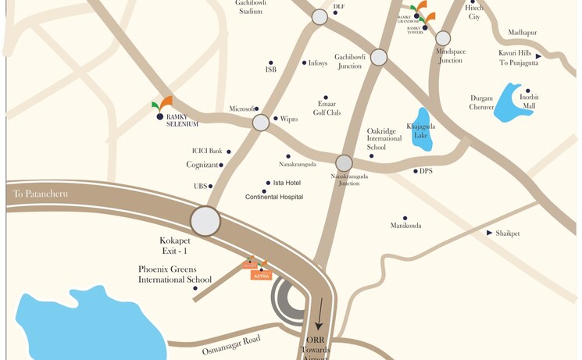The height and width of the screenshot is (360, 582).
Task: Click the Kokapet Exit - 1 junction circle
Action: [205, 221]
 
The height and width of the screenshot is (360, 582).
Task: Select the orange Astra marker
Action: [261, 276]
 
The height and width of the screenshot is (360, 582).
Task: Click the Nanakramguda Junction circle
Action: [344, 163]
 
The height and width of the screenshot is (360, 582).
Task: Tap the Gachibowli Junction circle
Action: [379, 57]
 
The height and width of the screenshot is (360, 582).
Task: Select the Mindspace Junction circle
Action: [443, 38]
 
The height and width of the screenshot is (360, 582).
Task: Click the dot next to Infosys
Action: [305, 62]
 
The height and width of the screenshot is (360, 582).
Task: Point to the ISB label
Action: [270, 70]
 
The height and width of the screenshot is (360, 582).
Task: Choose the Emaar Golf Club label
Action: [327, 108]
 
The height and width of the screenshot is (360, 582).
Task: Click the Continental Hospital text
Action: [273, 198]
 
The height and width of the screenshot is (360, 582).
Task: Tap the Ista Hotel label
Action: [287, 183]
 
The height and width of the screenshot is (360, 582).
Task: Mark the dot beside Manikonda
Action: [405, 218]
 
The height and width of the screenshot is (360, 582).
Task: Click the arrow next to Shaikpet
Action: [489, 233]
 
